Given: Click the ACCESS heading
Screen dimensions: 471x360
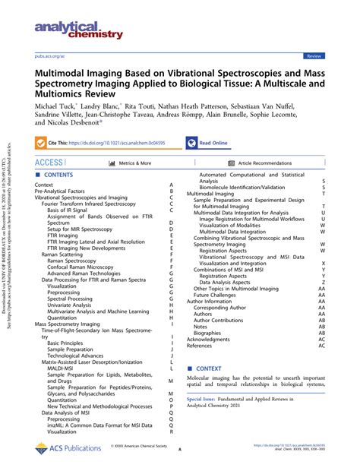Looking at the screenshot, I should coord(49,163).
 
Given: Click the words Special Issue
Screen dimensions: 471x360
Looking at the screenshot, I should coord(204,400).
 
